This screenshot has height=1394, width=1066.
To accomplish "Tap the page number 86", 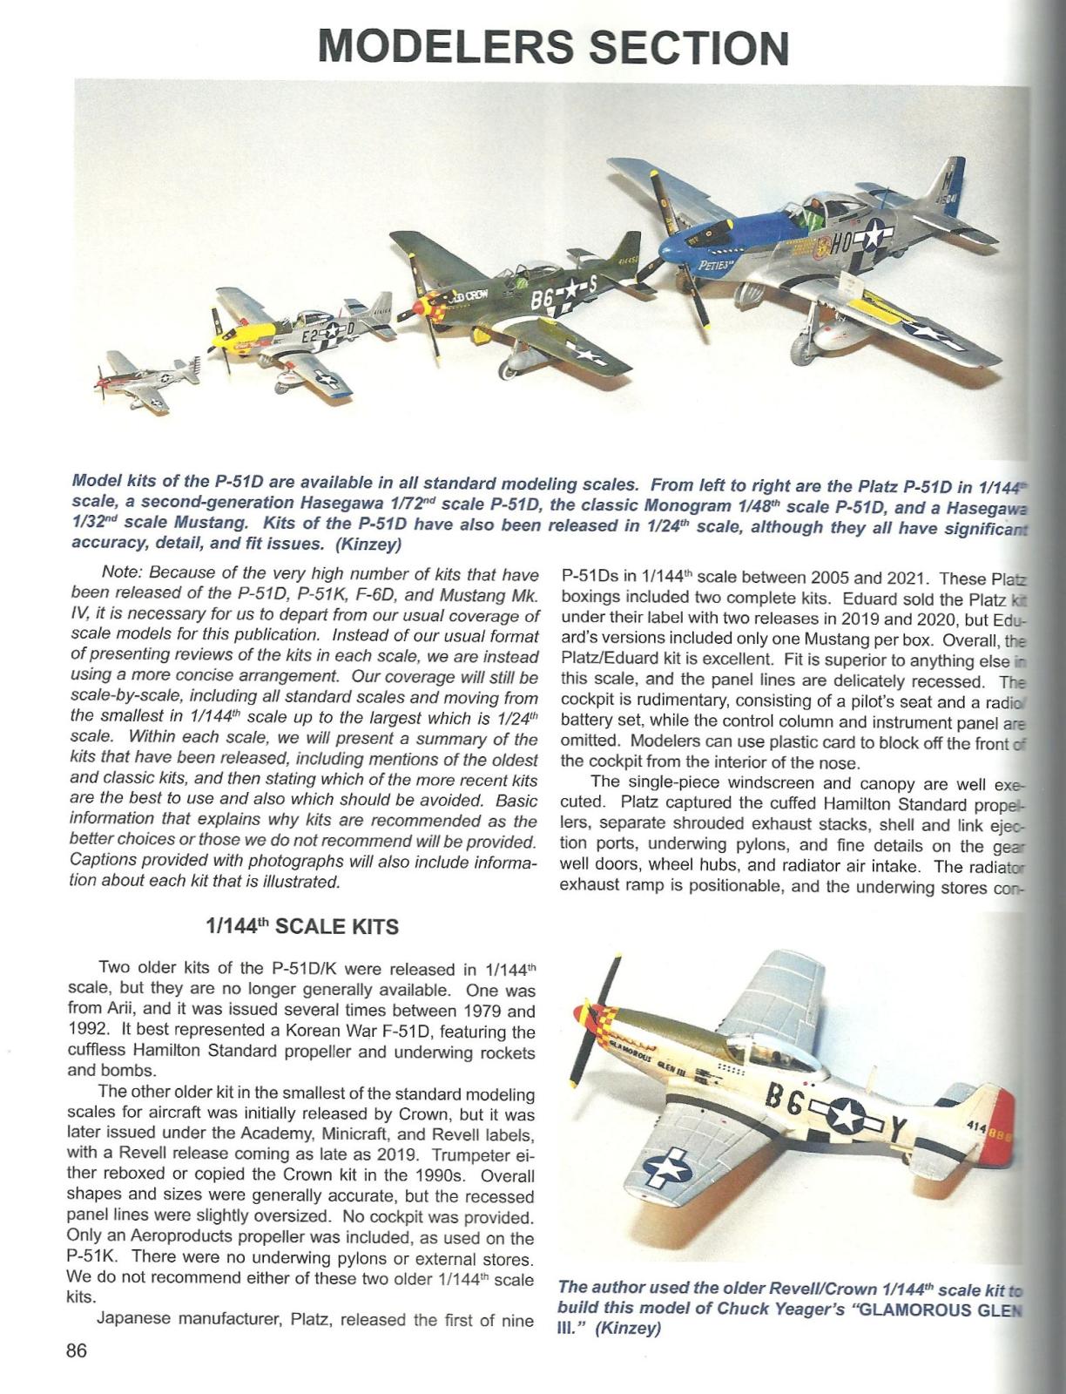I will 77,1351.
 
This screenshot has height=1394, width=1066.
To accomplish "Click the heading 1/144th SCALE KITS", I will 301,926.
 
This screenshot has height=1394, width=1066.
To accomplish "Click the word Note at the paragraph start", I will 122,573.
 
